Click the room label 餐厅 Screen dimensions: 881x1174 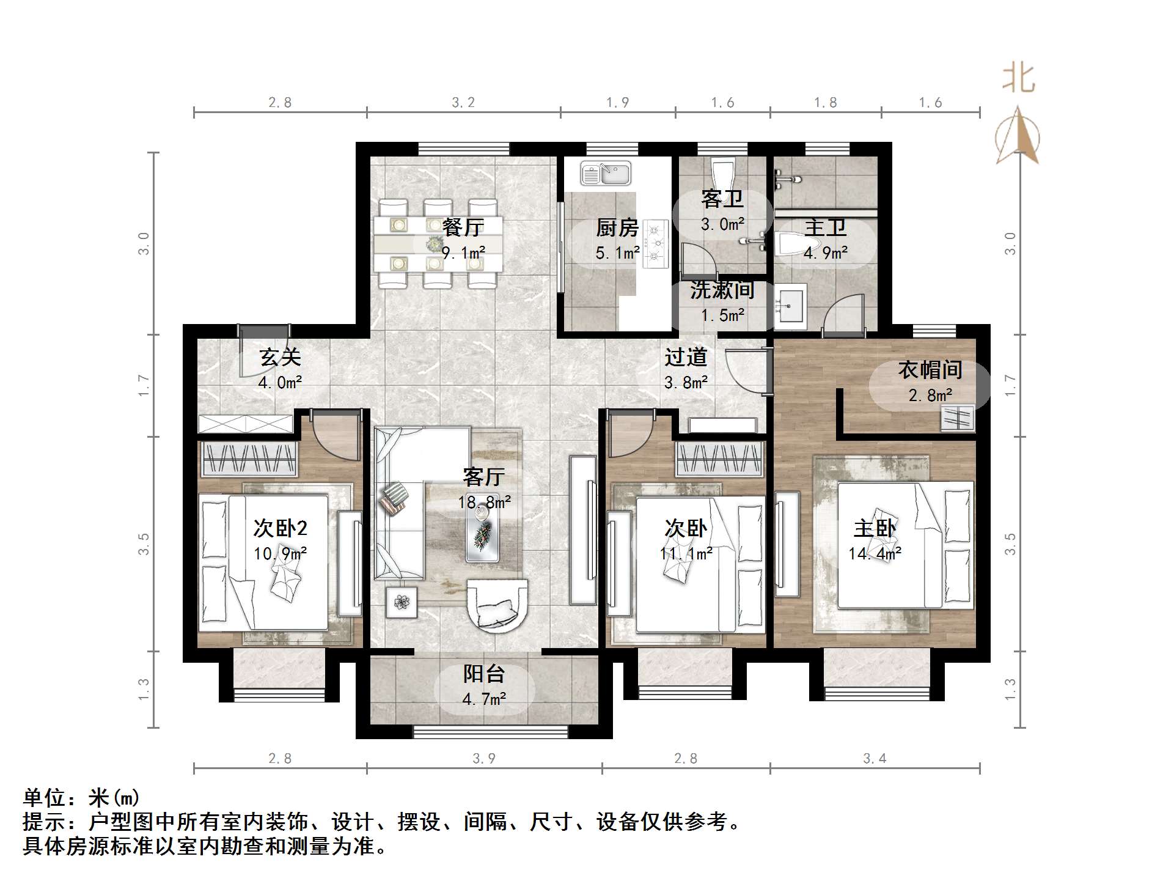[x=463, y=227]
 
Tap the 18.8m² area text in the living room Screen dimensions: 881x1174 [x=485, y=503]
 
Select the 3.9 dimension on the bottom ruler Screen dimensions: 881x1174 [x=484, y=759]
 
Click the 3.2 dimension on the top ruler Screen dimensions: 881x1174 [x=463, y=103]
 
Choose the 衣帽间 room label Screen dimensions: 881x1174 [x=930, y=370]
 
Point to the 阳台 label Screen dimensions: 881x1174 [x=484, y=674]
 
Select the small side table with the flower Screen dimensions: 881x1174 [x=402, y=602]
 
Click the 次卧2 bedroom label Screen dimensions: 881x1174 [x=280, y=528]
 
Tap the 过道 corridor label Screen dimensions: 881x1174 [x=686, y=357]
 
